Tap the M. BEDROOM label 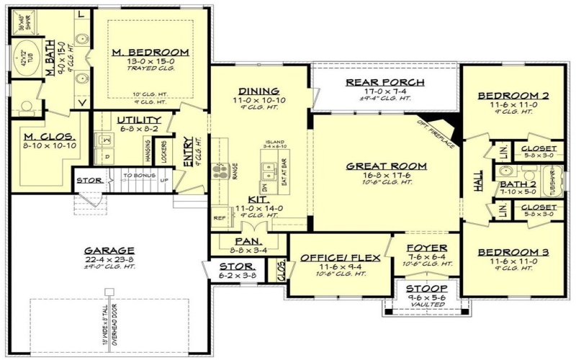150,52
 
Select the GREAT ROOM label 386,166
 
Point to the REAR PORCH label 385,82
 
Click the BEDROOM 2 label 513,95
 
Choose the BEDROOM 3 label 513,253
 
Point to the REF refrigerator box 219,216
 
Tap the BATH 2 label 514,184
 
